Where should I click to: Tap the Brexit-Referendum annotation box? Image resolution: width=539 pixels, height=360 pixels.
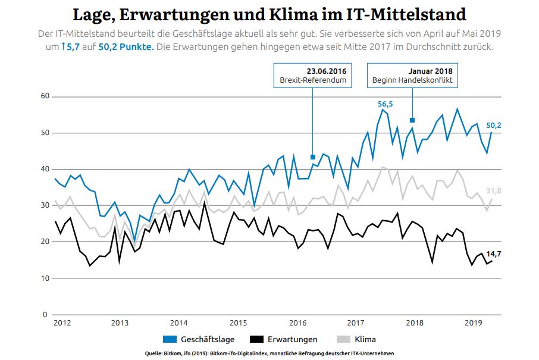pyautogui.click(x=313, y=75)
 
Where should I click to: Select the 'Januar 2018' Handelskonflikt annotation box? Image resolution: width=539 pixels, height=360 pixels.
pyautogui.click(x=412, y=75)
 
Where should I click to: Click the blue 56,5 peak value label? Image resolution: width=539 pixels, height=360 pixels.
pyautogui.click(x=386, y=104)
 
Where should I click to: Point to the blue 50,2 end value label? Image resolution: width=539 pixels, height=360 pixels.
pyautogui.click(x=494, y=126)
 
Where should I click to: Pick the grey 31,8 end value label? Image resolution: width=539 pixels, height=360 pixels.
pyautogui.click(x=494, y=190)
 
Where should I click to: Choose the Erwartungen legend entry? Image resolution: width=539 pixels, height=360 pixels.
pyautogui.click(x=283, y=339)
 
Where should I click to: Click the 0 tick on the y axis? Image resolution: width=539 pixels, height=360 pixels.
pyautogui.click(x=44, y=314)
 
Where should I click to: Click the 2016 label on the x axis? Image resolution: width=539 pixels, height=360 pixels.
pyautogui.click(x=297, y=323)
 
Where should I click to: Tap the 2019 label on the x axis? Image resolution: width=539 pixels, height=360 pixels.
pyautogui.click(x=473, y=323)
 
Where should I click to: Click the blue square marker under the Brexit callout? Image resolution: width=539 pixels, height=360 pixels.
pyautogui.click(x=313, y=157)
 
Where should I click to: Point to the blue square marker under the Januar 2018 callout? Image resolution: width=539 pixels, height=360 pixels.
pyautogui.click(x=412, y=120)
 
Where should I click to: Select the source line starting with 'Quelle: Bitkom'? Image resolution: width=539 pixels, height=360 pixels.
pyautogui.click(x=269, y=353)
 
